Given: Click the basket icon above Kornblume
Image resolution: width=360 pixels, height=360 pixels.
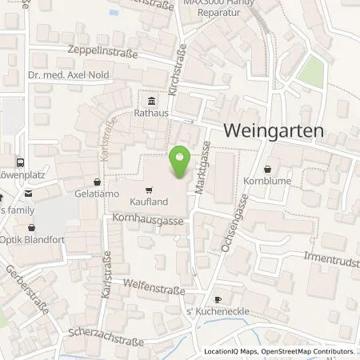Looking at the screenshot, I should (x=266, y=168).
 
